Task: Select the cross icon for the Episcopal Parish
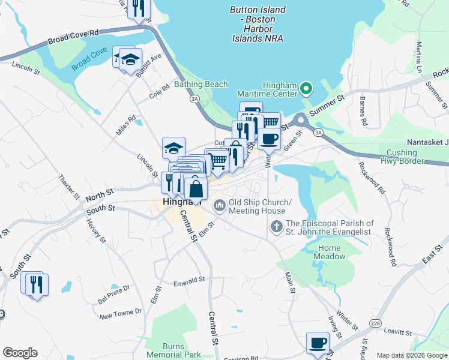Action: click(276, 226)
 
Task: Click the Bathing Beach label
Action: click(201, 85)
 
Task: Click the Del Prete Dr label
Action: click(114, 292)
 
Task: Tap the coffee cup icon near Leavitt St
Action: click(317, 344)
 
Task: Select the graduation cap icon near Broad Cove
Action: click(130, 59)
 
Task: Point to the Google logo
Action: click(20, 353)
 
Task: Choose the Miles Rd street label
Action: click(126, 125)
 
